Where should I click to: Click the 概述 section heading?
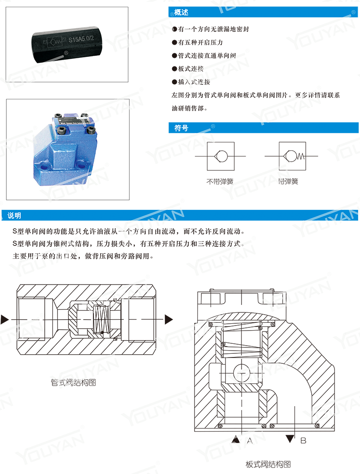[181, 12]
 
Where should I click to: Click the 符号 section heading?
[181, 128]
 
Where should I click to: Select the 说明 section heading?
[14, 215]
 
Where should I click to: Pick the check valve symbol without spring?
[221, 156]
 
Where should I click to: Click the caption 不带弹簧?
[220, 181]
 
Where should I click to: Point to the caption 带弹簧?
[288, 181]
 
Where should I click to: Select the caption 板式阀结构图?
[268, 464]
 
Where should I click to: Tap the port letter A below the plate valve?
[249, 440]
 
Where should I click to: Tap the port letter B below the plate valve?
[303, 440]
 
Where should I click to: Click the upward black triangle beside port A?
[236, 439]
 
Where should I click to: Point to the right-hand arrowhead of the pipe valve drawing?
[169, 318]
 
